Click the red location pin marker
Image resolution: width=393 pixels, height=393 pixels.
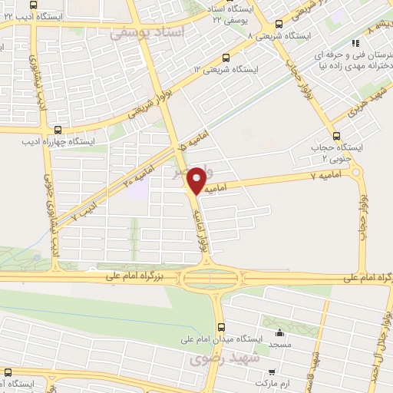tap(196, 180)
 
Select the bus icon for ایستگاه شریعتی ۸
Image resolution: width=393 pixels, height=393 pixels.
tap(278, 24)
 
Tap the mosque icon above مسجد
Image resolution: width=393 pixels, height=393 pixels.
tap(279, 332)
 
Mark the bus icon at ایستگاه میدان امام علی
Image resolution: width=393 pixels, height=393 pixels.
tap(220, 324)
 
